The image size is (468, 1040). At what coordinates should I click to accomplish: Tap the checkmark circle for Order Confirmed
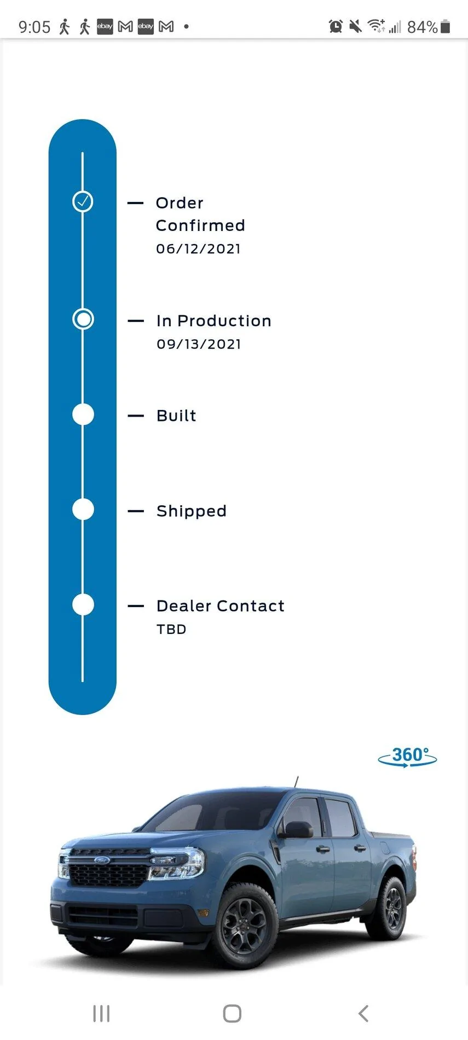[83, 201]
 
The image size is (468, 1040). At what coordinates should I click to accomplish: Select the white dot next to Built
[83, 414]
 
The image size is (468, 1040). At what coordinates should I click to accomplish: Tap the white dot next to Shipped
[83, 510]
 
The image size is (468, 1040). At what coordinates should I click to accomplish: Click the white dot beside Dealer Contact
[83, 605]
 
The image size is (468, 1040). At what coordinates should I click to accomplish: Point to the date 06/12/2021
[198, 249]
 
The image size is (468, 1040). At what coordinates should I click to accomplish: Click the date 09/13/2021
[199, 344]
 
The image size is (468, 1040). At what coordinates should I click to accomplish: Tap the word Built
[176, 415]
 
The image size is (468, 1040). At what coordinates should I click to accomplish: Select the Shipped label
[192, 511]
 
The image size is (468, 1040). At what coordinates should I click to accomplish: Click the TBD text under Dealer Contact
[171, 629]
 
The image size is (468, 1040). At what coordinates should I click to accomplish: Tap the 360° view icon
[407, 757]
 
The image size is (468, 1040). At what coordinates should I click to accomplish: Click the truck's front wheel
[244, 926]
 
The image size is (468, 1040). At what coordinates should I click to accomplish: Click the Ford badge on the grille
[102, 860]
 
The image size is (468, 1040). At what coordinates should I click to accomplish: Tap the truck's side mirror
[296, 830]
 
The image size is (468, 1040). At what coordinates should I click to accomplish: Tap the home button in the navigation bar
[232, 1013]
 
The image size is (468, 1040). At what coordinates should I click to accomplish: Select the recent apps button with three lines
[101, 1013]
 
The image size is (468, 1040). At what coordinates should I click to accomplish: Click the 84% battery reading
[422, 27]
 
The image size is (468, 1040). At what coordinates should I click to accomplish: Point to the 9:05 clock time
[34, 27]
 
